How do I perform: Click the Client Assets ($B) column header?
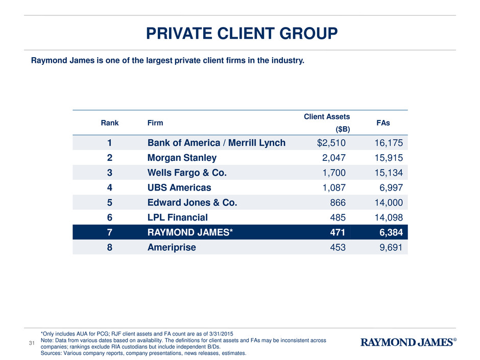327,124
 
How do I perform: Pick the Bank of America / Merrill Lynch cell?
216,143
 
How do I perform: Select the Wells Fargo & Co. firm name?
187,173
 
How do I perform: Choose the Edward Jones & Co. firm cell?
192,202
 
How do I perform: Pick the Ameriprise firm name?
172,247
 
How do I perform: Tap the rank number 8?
109,247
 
